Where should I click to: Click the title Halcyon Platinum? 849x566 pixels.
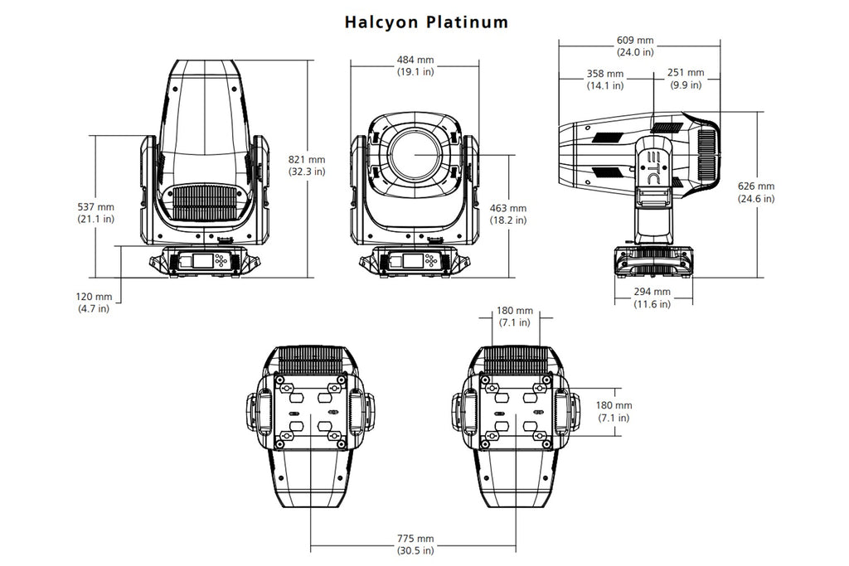426,22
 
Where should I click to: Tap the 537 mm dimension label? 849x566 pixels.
95,212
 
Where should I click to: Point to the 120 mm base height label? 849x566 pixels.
92,302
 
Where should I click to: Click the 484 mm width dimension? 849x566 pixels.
415,66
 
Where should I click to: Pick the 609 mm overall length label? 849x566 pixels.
635,46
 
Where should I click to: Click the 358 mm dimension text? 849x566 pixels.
606,80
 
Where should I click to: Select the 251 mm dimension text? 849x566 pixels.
685,80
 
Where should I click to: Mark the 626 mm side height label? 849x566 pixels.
756,192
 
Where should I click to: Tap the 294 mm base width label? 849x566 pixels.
653,298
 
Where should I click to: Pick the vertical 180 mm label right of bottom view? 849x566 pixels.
615,412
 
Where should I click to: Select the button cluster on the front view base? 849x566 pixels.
432,261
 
